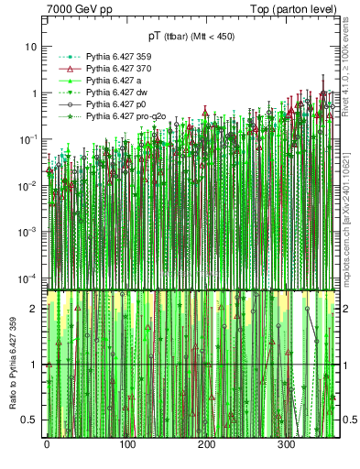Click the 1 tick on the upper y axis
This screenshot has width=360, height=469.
point(35,93)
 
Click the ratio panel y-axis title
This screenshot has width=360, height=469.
point(12,366)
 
